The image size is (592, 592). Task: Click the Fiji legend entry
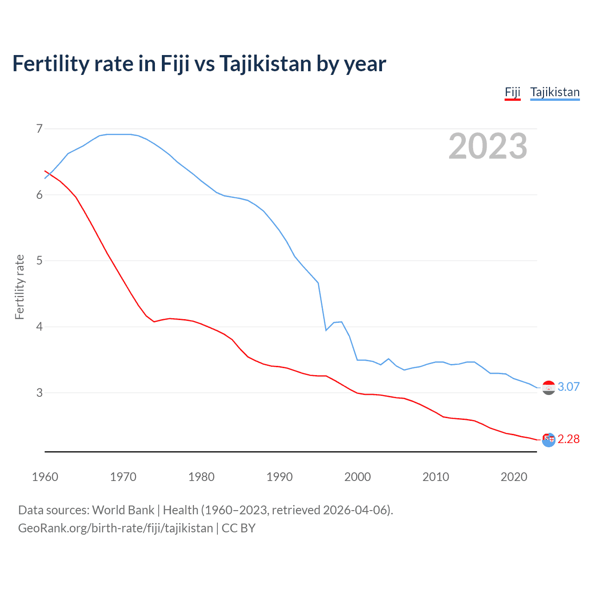[512, 92]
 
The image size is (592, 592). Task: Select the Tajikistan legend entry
[555, 92]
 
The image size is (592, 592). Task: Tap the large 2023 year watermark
[487, 146]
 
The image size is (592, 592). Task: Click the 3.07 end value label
[568, 387]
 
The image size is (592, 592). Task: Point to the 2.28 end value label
[568, 439]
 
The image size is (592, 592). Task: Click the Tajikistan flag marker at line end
[549, 388]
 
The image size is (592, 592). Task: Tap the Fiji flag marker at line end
[549, 440]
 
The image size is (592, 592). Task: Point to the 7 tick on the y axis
[39, 129]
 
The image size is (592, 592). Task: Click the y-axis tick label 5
[39, 261]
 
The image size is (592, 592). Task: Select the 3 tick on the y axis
[39, 393]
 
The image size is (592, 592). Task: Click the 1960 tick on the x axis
[45, 477]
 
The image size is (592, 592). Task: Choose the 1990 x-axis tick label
[279, 477]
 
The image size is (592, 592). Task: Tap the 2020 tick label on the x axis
[514, 477]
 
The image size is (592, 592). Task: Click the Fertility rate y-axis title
[19, 287]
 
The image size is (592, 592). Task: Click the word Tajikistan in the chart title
[265, 64]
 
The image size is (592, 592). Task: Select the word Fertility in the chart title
[51, 64]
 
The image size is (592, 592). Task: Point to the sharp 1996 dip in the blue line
[326, 330]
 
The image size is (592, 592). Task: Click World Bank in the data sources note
[123, 510]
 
